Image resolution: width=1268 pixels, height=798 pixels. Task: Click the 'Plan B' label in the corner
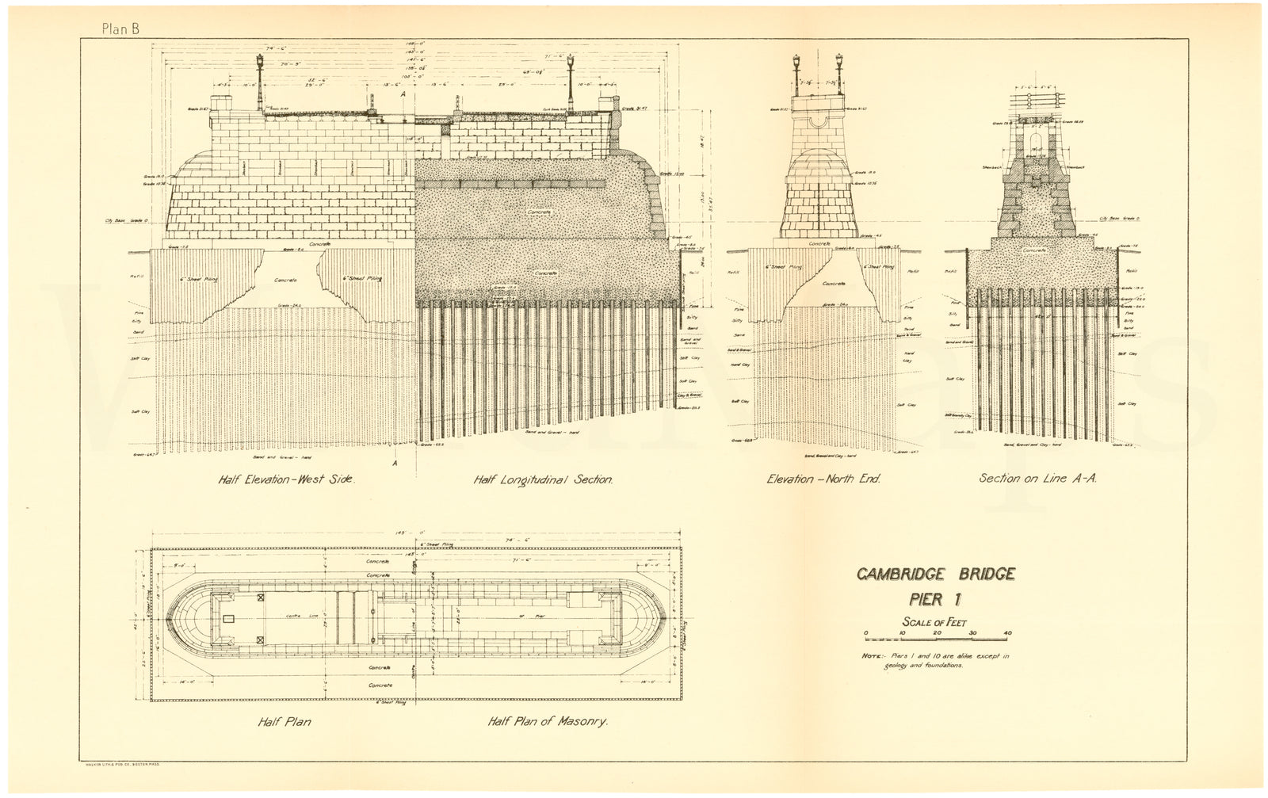[120, 29]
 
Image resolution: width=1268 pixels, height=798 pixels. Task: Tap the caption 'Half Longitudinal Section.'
[543, 479]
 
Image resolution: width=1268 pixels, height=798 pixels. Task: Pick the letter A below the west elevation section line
[395, 463]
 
